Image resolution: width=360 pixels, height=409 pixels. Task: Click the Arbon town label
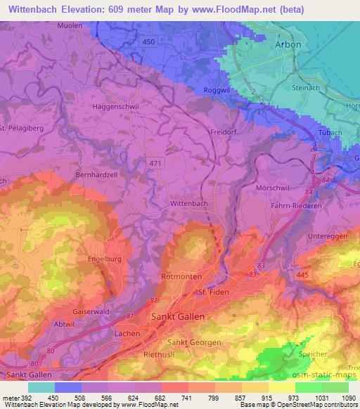288,44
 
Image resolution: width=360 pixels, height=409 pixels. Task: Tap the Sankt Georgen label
194,342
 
